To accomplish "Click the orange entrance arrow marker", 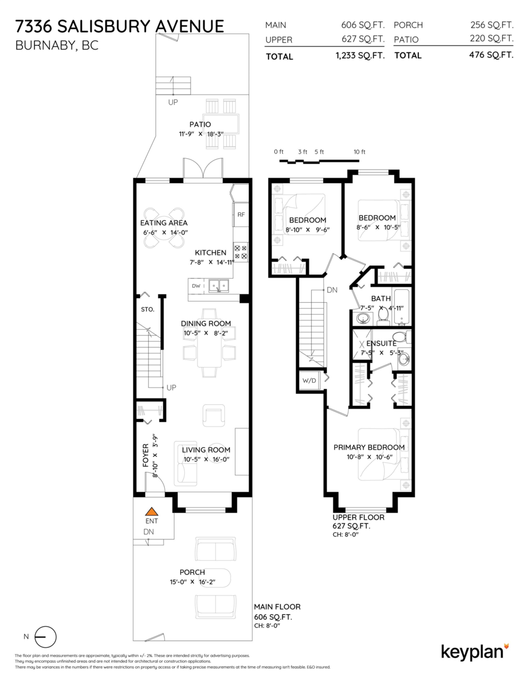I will click(151, 511).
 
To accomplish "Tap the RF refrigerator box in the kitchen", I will click(241, 214).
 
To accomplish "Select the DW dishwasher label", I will click(196, 286).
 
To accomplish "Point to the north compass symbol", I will click(45, 636).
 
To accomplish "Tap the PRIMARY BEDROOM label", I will click(369, 447).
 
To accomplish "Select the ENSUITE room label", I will click(382, 343).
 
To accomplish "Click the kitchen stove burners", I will click(240, 252).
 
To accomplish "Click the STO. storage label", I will click(147, 310).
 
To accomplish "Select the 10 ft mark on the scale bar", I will click(359, 152).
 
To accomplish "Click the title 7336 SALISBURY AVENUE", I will click(120, 26).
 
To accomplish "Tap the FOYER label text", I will click(145, 454).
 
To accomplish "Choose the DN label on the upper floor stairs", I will click(332, 290).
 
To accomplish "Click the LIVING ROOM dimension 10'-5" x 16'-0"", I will click(206, 459).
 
